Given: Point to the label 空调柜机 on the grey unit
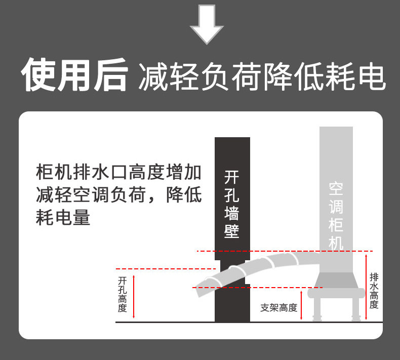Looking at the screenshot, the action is tap(336, 216).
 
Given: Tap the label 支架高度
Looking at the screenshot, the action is tap(278, 307).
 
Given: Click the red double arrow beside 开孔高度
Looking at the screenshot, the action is tap(134, 296).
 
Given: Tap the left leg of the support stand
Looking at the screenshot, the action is tap(317, 308).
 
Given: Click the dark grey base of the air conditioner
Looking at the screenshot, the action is tap(336, 280).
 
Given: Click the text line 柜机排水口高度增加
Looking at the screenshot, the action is tap(119, 173).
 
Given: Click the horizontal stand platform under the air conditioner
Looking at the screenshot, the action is tap(336, 293).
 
